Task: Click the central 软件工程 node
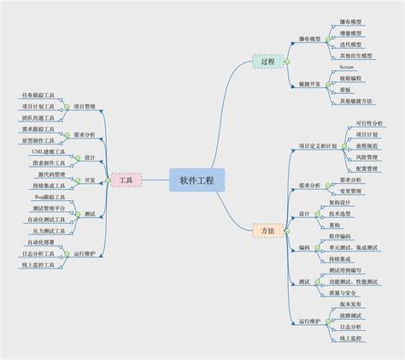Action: coord(197,180)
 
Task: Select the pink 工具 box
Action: coord(126,180)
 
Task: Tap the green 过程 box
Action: coord(267,62)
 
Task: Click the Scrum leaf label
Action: coord(346,65)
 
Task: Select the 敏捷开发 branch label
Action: coord(309,83)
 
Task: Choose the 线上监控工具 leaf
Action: coord(38,265)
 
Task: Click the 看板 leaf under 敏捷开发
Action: coord(345,88)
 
